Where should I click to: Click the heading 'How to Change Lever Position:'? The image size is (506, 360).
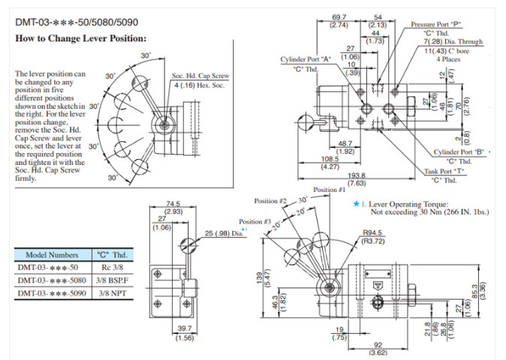[x=81, y=38]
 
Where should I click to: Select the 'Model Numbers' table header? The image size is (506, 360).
[x=52, y=254]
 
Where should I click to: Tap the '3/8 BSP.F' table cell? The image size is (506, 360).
[x=112, y=280]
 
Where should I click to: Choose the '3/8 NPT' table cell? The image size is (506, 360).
[x=112, y=293]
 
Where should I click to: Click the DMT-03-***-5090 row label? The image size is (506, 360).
[x=52, y=293]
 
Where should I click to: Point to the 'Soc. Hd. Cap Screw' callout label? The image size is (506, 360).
[x=200, y=76]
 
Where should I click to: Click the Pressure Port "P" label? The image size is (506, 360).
[x=436, y=24]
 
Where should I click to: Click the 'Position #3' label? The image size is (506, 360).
[x=255, y=222]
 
